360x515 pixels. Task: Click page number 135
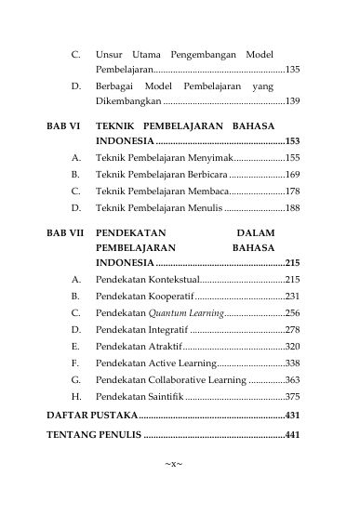[291, 70]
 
